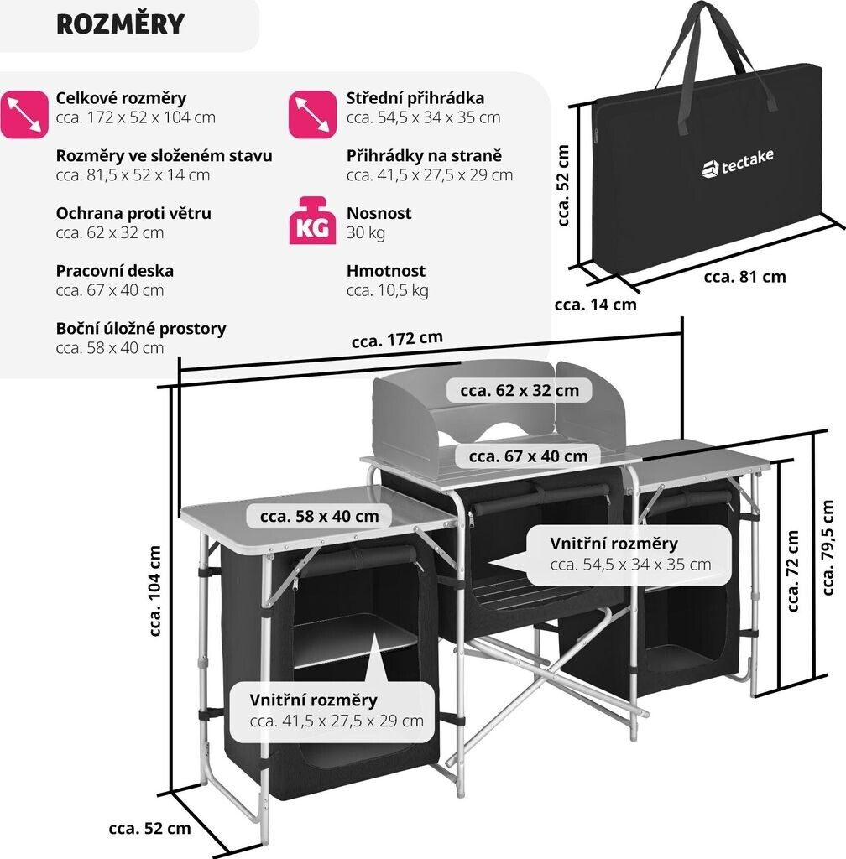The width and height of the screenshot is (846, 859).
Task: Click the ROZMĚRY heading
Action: pos(120,24)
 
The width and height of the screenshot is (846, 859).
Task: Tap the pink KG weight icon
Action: pos(312,221)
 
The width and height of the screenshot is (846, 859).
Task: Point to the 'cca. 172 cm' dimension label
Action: pos(397,340)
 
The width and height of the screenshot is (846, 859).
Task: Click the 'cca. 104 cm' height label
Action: pos(155,591)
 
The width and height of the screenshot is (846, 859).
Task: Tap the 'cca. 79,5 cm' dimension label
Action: pos(828,546)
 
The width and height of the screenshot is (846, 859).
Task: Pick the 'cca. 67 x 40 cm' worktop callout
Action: pos(528,456)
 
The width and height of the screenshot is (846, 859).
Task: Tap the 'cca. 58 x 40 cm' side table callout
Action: pos(319,516)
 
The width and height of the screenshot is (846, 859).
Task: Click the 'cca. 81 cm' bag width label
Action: pos(745,276)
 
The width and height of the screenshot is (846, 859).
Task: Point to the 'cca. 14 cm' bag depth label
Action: pos(595,305)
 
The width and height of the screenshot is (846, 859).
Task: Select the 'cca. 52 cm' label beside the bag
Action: pos(563,186)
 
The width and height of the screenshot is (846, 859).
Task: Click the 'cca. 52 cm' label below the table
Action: pos(150,829)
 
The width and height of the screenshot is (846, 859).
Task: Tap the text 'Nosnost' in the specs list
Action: pos(379,213)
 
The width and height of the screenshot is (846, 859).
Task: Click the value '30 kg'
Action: pos(366,232)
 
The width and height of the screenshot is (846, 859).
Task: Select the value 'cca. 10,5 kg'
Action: pos(388,290)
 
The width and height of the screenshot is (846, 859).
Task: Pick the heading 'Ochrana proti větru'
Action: pos(133,213)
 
